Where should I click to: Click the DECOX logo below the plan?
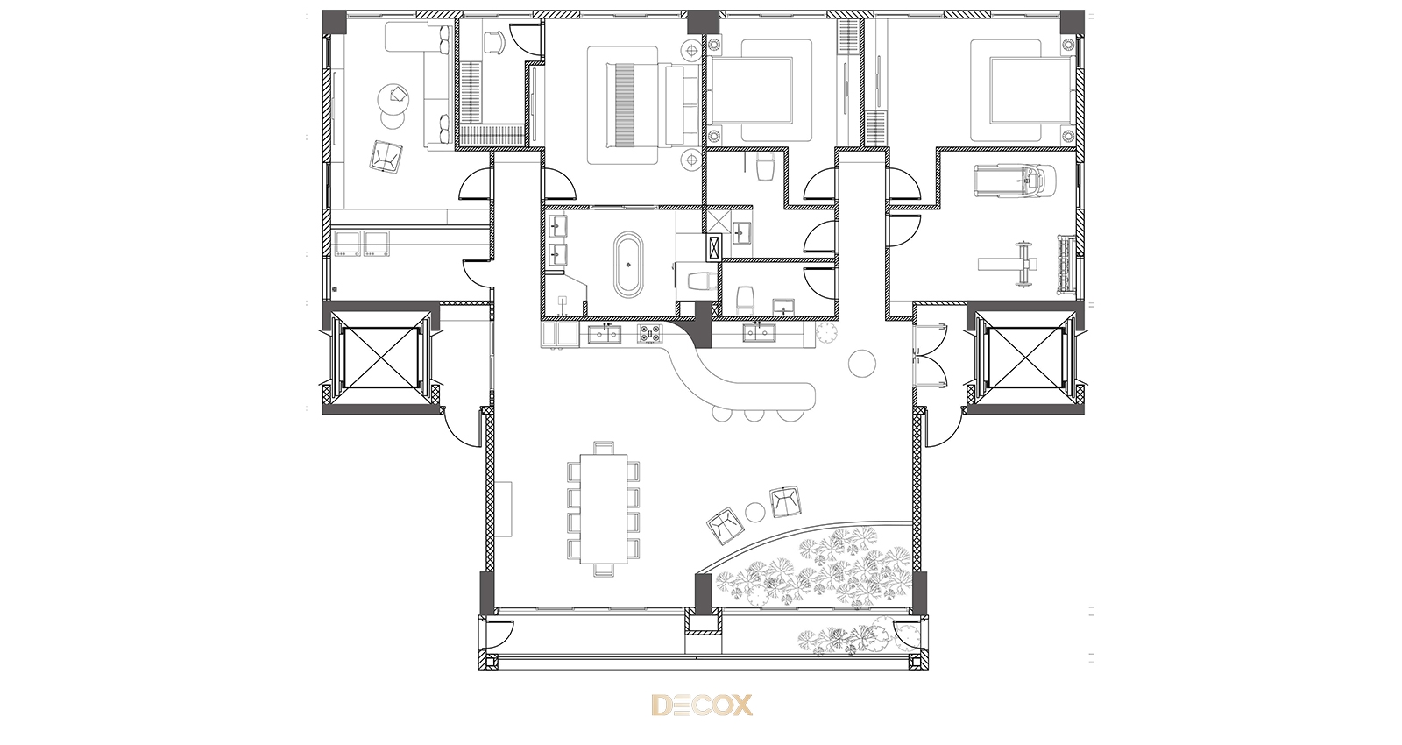[702, 705]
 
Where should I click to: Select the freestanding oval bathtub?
[627, 264]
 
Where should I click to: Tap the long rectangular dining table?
[604, 508]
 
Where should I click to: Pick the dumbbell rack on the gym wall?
[1066, 264]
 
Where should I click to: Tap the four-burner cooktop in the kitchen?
[649, 334]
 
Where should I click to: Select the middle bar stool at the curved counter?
[753, 415]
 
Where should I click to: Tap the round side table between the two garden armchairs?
[755, 512]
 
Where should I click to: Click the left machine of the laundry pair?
[348, 243]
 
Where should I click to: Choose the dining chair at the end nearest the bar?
[604, 447]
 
